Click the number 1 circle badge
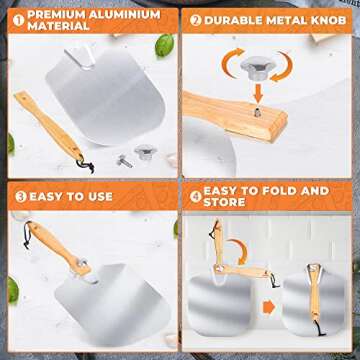[16, 17]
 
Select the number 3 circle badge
[18, 196]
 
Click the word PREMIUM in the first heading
[57, 14]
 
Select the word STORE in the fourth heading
[225, 204]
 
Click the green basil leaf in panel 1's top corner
[163, 45]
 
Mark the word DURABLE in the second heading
[240, 19]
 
